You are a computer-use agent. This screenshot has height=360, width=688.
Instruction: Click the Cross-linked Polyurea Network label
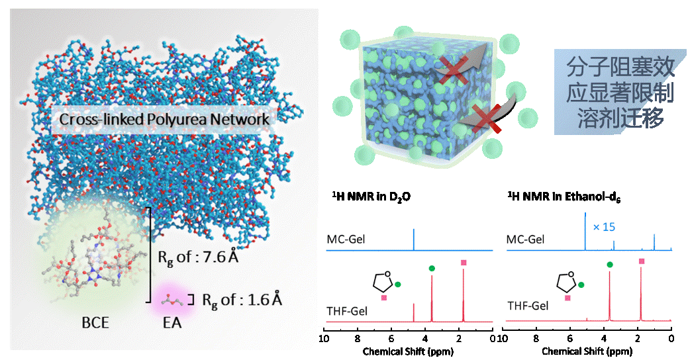point(164,119)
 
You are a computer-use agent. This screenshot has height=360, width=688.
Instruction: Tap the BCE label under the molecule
point(95,323)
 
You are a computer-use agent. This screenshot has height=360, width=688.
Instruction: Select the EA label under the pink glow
point(172,323)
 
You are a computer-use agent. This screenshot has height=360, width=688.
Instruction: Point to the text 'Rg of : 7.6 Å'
point(198,257)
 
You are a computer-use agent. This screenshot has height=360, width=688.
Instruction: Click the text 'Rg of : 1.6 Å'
point(242,300)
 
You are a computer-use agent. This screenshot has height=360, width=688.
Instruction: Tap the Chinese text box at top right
point(620,91)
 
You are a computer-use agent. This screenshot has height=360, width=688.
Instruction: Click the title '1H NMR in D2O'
point(371,197)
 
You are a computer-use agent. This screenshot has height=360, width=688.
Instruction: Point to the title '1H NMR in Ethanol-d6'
point(564,197)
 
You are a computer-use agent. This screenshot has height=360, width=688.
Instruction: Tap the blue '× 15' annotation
point(604,227)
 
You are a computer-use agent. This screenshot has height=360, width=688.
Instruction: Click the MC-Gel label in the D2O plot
point(346,240)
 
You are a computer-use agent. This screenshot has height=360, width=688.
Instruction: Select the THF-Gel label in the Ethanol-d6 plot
point(528,306)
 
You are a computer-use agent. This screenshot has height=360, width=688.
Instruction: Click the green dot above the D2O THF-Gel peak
point(432,269)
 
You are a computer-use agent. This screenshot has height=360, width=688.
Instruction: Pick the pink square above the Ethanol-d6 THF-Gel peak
point(642,261)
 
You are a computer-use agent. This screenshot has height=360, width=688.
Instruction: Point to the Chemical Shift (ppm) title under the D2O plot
point(408,351)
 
